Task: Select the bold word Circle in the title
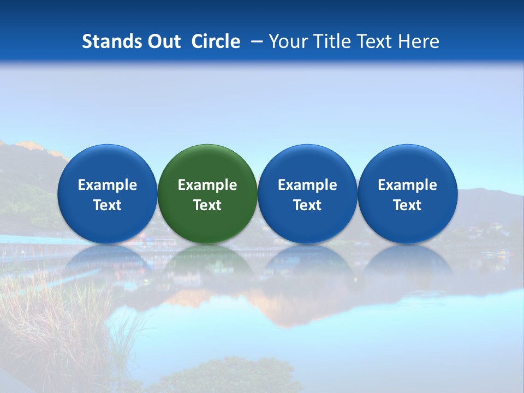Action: click(x=216, y=41)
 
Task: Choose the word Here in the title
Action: click(x=418, y=41)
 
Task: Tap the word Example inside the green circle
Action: click(x=207, y=185)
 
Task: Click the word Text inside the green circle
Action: click(x=207, y=205)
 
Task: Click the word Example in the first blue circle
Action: click(x=108, y=185)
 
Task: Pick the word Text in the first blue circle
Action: click(x=108, y=205)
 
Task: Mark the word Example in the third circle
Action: click(x=307, y=185)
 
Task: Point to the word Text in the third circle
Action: click(x=307, y=205)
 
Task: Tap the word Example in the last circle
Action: click(x=407, y=185)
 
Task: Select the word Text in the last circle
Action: click(x=407, y=205)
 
